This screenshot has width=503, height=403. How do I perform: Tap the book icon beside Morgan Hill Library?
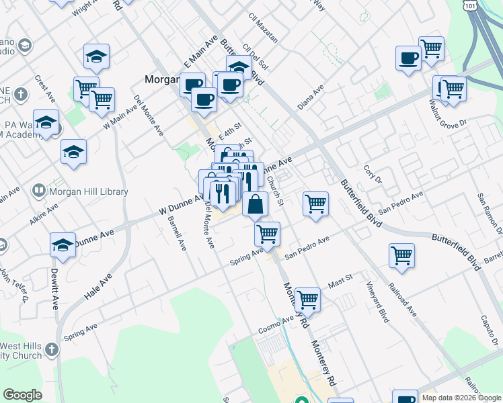point(39,192)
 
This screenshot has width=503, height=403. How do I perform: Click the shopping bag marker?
point(256,204)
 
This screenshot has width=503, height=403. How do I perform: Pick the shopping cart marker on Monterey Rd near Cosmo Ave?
point(307,300)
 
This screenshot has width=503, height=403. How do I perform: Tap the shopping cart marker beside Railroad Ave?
point(401,256)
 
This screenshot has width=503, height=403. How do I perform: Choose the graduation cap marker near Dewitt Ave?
point(63,245)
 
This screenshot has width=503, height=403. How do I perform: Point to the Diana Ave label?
point(311,97)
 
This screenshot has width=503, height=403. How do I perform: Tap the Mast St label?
point(340,281)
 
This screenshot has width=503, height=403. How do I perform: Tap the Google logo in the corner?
point(22,395)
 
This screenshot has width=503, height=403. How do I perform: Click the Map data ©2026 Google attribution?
point(461,398)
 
